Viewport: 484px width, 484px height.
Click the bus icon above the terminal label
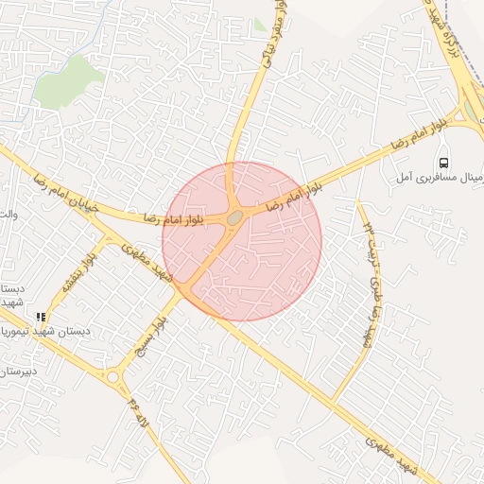pos(445,160)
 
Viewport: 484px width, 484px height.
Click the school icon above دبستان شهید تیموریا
pos(40,318)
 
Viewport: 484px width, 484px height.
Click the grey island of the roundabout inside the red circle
pos(233,218)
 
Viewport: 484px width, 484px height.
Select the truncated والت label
pos(9,215)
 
